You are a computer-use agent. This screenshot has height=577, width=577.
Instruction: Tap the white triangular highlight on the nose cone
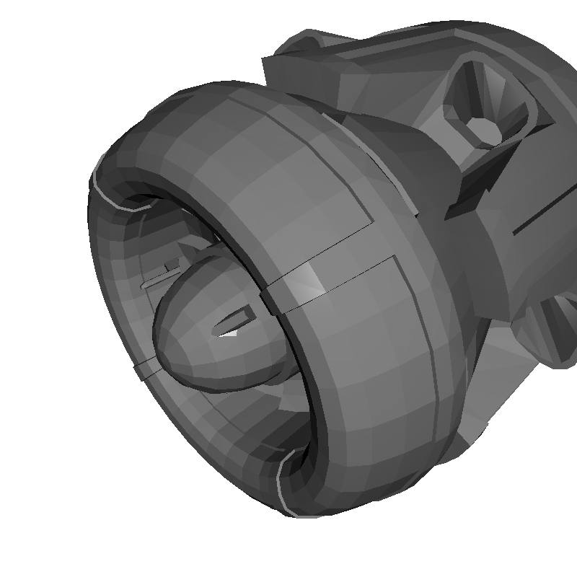[229, 333]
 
